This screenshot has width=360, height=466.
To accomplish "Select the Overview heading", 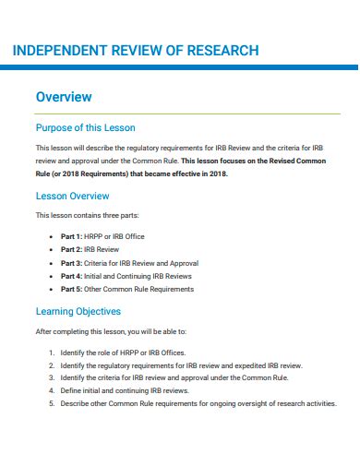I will (64, 96).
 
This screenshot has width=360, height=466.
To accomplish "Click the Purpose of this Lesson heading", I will (85, 127).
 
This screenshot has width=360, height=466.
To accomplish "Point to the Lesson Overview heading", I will (72, 196).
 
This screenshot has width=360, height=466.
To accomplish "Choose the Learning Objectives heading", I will (78, 311).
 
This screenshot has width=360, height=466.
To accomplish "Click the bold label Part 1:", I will (72, 236).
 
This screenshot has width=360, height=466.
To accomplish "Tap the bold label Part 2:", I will (72, 249).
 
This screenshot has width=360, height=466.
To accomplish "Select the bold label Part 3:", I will (72, 263).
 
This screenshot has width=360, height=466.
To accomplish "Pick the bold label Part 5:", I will (72, 289).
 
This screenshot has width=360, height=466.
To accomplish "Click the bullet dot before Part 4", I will (51, 276).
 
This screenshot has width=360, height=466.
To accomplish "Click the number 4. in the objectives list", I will (51, 391).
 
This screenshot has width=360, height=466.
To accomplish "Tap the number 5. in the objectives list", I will (51, 403).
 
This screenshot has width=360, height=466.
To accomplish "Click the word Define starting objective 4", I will (71, 391).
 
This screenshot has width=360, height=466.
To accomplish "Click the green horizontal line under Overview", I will (186, 113).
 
